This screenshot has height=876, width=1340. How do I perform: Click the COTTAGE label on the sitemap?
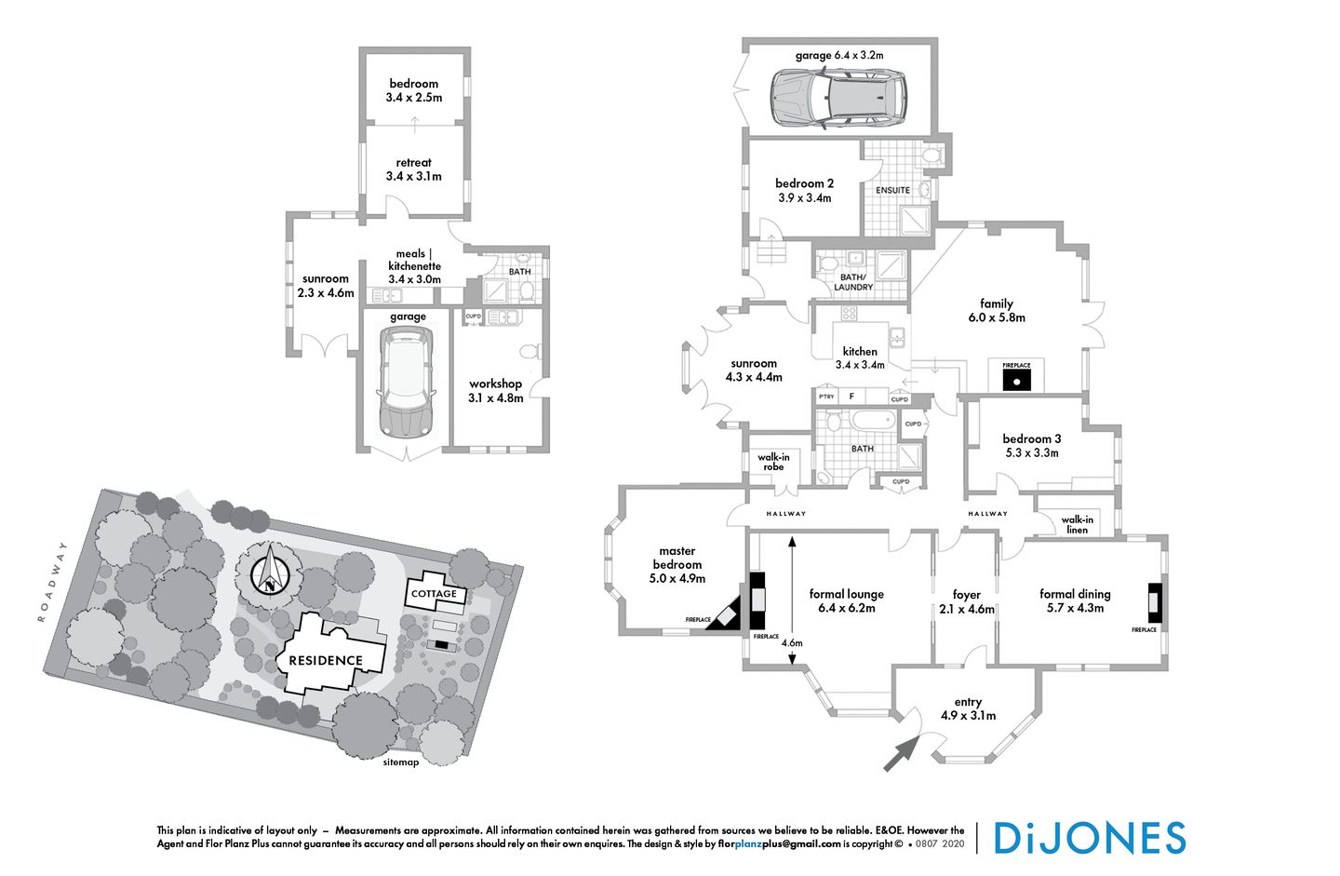(435, 594)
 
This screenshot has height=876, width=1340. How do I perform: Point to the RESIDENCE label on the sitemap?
(326, 661)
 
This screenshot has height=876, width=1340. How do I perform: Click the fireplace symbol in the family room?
(1016, 378)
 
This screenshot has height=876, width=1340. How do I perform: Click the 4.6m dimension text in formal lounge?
(791, 643)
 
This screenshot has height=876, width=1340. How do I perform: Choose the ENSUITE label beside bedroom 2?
(892, 190)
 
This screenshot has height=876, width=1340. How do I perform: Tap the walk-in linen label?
(1077, 524)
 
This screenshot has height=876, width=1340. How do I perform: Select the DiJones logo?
(1090, 838)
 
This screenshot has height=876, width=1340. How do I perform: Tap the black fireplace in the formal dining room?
(1155, 601)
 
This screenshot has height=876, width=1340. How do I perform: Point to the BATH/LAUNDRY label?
(853, 282)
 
